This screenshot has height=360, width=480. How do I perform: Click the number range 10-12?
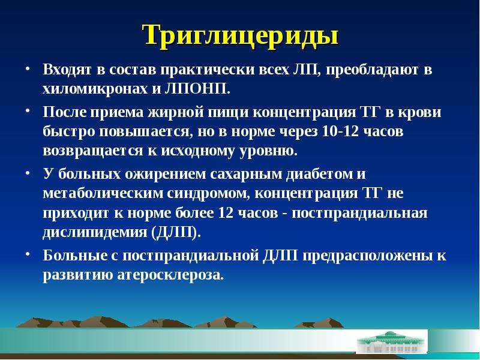[341, 131]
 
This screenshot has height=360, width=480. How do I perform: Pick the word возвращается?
[93, 151]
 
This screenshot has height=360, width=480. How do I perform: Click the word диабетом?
[319, 175]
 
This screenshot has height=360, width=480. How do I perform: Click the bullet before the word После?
[28, 110]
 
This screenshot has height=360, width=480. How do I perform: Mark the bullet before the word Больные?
[28, 253]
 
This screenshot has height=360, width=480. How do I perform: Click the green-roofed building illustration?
[391, 342]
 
